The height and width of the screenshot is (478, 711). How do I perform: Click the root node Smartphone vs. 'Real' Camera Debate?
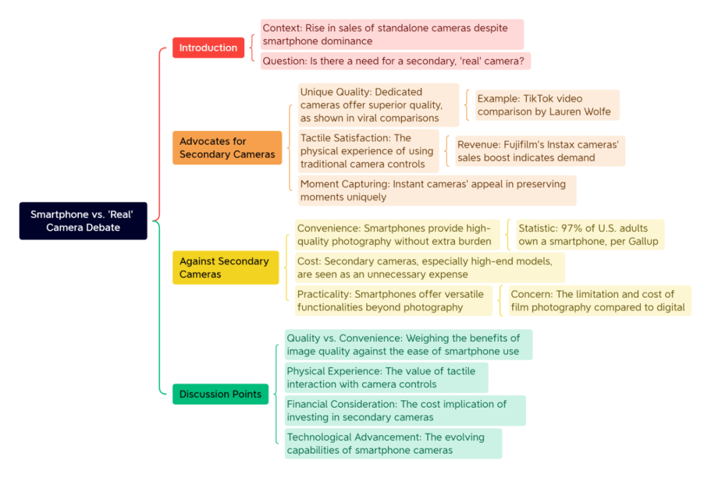tap(83, 221)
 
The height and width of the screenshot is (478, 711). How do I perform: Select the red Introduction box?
tap(208, 47)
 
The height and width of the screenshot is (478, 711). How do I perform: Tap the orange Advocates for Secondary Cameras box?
tap(227, 148)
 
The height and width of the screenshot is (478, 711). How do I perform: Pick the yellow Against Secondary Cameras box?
tap(225, 268)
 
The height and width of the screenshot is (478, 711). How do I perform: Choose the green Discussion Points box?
tap(221, 394)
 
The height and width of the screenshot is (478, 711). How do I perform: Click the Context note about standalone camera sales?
tap(392, 34)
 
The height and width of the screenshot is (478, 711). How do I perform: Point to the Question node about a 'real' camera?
tap(396, 60)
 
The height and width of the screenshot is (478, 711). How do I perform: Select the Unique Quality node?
tap(378, 105)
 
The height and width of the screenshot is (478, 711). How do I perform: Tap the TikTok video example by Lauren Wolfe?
tap(547, 105)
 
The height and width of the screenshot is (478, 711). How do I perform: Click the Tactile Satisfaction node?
tap(368, 151)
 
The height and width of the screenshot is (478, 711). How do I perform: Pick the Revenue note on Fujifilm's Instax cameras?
tap(540, 151)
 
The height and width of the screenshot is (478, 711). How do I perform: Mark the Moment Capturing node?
tap(437, 190)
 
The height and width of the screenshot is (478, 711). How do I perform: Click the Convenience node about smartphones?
tap(397, 235)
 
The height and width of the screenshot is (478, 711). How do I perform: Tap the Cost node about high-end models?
tap(430, 268)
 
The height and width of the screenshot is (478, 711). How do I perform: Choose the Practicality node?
tap(394, 300)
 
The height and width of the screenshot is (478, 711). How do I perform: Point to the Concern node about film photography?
tap(600, 300)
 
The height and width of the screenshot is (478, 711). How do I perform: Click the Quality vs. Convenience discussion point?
tap(409, 345)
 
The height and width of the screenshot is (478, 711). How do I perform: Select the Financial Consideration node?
tap(405, 410)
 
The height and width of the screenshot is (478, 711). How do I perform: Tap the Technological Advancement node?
tap(393, 444)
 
